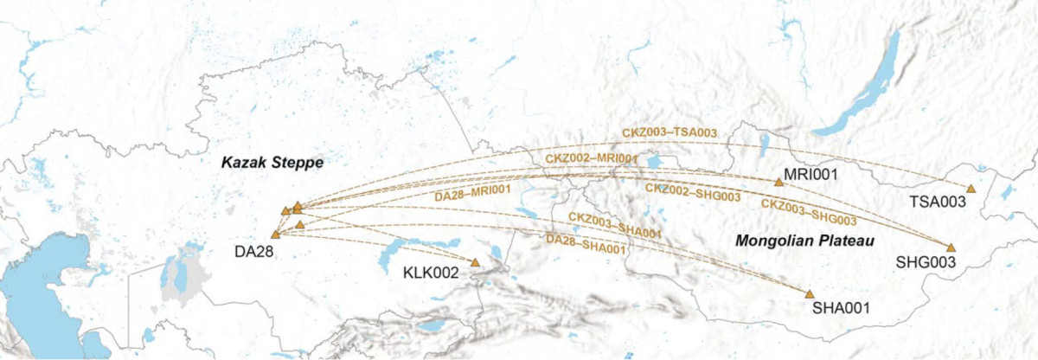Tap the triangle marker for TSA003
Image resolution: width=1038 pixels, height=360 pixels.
click(x=971, y=189)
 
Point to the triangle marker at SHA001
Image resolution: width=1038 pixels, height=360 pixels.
click(x=810, y=294)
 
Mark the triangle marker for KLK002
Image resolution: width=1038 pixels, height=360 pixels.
click(x=475, y=262)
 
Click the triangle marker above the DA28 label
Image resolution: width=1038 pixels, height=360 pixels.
click(x=275, y=235)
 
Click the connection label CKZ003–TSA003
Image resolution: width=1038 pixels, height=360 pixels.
click(x=669, y=132)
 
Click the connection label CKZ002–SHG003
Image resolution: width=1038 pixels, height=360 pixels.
click(x=693, y=192)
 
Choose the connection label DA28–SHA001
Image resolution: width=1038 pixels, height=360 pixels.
click(x=586, y=243)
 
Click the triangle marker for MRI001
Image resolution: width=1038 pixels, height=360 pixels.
click(x=778, y=182)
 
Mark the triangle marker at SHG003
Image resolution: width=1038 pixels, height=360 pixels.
click(x=951, y=247)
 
